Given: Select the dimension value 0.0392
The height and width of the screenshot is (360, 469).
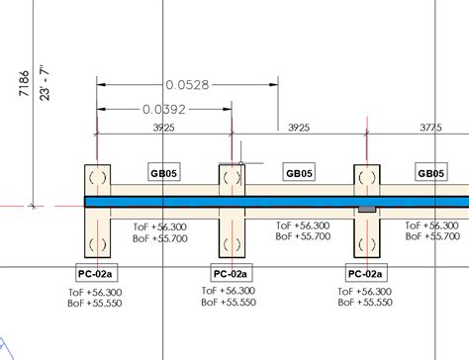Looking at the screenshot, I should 163,109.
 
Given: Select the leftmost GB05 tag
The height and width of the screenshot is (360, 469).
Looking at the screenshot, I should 164,173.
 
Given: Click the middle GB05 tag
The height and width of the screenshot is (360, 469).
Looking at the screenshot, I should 299,173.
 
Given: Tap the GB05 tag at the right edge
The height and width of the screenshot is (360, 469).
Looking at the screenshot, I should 431,173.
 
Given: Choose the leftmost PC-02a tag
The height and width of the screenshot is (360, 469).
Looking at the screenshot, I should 97,273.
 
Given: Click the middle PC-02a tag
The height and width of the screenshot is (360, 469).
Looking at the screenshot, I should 232,273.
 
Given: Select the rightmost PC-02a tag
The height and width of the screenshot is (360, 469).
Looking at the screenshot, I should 366,273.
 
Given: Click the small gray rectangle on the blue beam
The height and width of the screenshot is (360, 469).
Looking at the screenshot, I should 366,209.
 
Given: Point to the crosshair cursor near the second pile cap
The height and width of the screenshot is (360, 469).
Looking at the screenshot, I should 240,163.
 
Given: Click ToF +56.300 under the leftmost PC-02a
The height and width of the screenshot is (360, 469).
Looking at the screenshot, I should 97,293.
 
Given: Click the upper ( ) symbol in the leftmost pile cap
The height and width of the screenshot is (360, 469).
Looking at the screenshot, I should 97,178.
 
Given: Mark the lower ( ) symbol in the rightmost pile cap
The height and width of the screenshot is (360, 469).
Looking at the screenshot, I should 366,242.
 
